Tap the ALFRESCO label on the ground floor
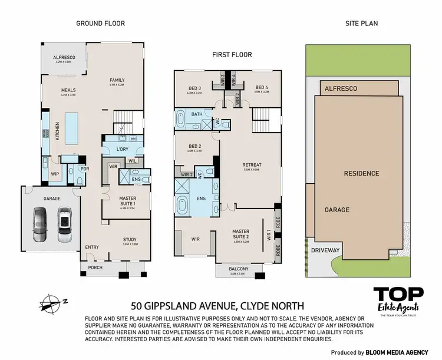pyautogui.click(x=62, y=58)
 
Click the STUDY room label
pyautogui.click(x=130, y=239)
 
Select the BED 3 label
pyautogui.click(x=194, y=88)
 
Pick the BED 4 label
pyautogui.click(x=262, y=88)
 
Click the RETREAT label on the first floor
pyautogui.click(x=252, y=165)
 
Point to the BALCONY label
pyautogui.click(x=239, y=269)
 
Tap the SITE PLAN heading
pyautogui.click(x=361, y=24)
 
